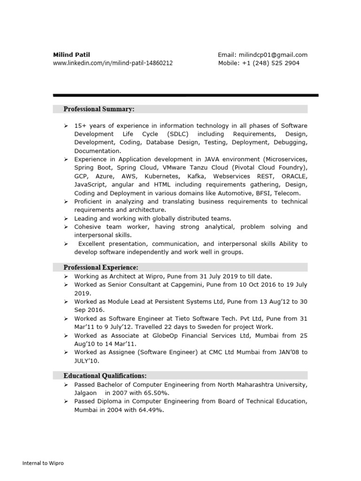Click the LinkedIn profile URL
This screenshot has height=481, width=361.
click(112, 63)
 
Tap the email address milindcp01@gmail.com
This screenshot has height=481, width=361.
click(273, 55)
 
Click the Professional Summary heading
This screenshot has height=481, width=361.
click(99, 109)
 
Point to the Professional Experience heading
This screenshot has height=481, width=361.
click(101, 267)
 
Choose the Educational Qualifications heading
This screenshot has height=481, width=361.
click(105, 375)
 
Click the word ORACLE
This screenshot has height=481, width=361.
click(293, 176)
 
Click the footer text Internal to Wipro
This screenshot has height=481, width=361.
click(43, 463)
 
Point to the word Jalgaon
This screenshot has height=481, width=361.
click(86, 393)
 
